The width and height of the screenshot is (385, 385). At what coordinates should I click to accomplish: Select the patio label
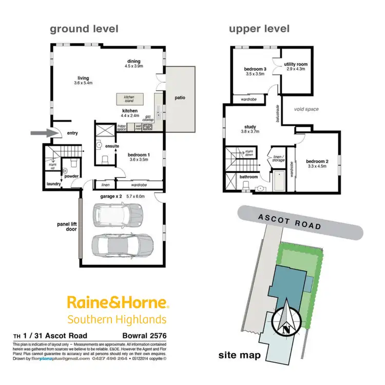(x=179, y=98)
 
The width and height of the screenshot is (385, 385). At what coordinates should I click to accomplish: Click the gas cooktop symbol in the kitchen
(x=148, y=127)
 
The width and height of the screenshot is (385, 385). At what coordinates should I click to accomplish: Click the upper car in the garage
(x=118, y=215)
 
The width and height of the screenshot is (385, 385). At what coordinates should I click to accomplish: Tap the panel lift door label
(x=67, y=226)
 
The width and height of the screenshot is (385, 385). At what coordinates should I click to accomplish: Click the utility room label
(x=296, y=64)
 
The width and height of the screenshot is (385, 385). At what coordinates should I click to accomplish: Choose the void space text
(x=306, y=109)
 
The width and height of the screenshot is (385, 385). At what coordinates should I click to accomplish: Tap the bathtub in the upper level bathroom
(x=280, y=181)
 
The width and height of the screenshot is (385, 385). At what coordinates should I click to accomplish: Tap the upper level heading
(x=259, y=29)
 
